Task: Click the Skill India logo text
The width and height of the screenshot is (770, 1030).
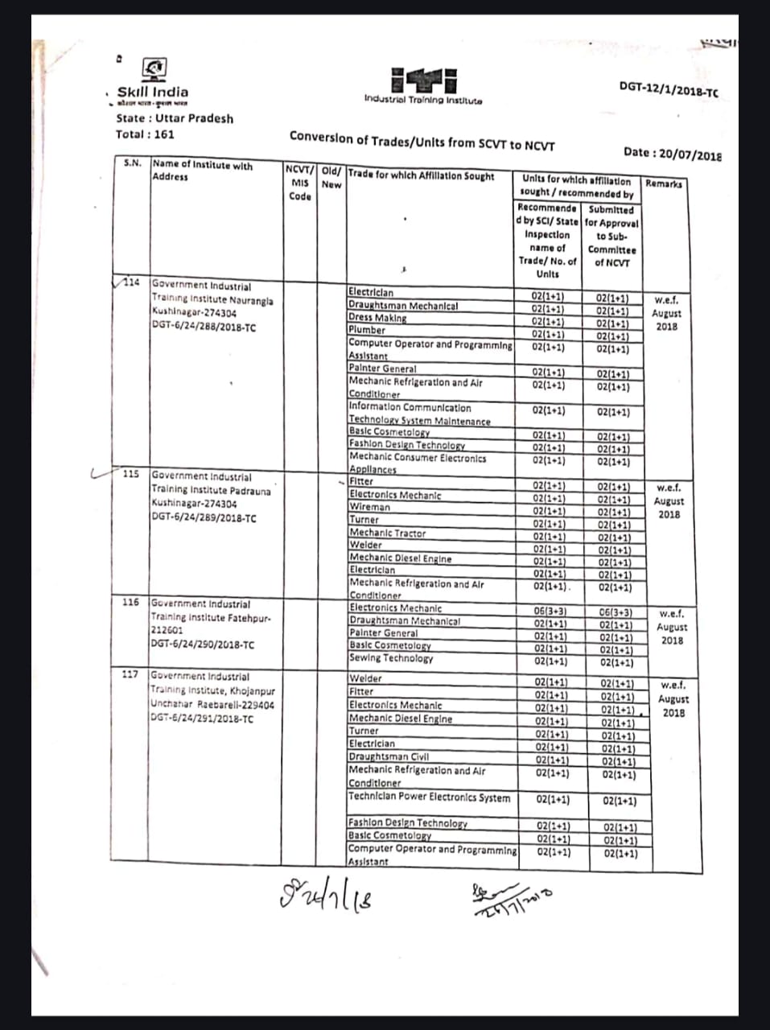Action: coord(153,93)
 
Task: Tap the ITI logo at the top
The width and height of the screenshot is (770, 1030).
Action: coord(424,81)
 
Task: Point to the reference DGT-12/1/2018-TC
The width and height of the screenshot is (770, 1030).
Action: coord(669,89)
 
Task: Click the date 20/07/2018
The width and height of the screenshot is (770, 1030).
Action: coord(672,154)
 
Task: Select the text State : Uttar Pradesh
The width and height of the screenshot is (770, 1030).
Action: coord(175,118)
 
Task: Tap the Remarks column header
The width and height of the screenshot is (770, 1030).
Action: coord(664,184)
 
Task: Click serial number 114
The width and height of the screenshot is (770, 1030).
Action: coord(131,282)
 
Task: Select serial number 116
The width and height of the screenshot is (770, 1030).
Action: coord(130,602)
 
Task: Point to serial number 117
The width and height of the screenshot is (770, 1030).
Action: coord(130,674)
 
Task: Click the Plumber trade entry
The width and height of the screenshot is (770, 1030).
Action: coord(367,330)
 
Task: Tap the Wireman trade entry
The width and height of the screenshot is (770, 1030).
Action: coord(369,507)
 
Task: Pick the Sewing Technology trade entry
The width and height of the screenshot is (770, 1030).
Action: coord(391,658)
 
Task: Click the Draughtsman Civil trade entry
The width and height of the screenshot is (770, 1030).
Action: coord(389,756)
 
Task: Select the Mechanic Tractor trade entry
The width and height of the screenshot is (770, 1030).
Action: coord(387,533)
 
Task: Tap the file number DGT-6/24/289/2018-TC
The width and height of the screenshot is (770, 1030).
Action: coord(204,517)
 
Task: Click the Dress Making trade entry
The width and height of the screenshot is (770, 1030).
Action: coord(377,318)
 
